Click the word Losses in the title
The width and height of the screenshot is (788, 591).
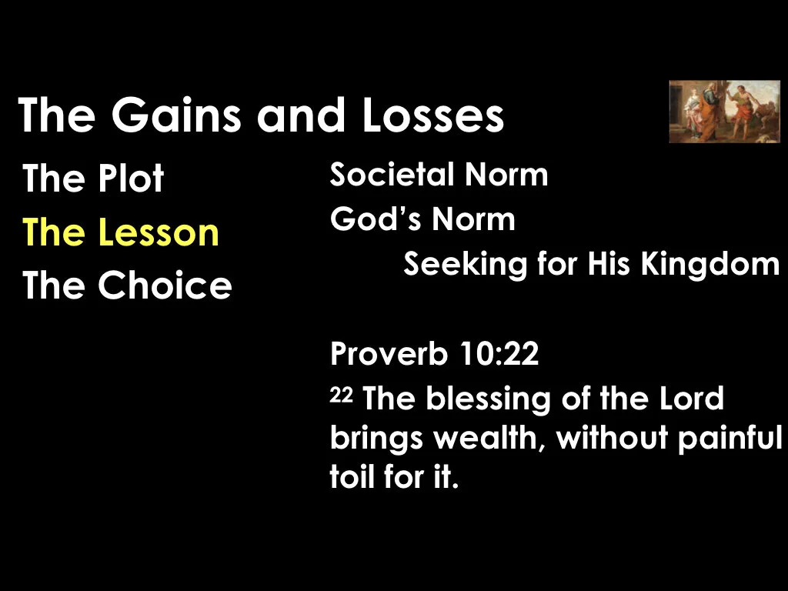pyautogui.click(x=431, y=115)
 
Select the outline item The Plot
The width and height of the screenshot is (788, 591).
pyautogui.click(x=93, y=179)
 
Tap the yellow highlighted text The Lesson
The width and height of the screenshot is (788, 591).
pyautogui.click(x=121, y=232)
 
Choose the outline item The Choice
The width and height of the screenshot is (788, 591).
pyautogui.click(x=127, y=285)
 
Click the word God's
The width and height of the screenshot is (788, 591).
pyautogui.click(x=374, y=220)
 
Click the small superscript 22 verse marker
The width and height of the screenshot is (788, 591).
pyautogui.click(x=340, y=394)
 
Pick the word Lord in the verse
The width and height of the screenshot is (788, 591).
pyautogui.click(x=690, y=399)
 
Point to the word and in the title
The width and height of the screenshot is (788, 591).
pyautogui.click(x=301, y=115)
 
